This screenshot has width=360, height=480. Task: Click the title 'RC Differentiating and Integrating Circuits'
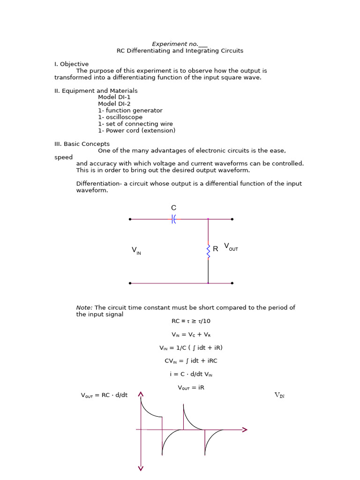(x=180, y=51)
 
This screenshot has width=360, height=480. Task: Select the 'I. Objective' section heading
(x=71, y=64)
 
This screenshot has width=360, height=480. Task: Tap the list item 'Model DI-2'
(x=114, y=104)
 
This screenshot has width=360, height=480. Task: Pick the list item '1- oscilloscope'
(x=120, y=117)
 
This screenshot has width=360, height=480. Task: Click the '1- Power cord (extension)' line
(x=136, y=131)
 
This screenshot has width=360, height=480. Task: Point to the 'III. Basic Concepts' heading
(x=82, y=144)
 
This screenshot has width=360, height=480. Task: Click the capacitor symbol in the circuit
(x=173, y=219)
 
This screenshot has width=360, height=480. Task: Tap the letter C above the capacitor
(x=173, y=208)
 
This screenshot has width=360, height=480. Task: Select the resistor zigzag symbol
(x=208, y=250)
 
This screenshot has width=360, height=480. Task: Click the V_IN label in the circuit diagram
(x=136, y=251)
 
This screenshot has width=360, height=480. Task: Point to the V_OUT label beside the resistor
(x=231, y=247)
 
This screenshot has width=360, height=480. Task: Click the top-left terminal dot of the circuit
(x=130, y=219)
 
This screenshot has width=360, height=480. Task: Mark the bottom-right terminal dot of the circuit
(x=232, y=283)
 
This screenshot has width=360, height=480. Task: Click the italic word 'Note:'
(x=84, y=307)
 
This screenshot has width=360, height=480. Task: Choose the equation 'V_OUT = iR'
(x=191, y=388)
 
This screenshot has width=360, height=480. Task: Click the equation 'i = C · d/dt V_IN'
(x=191, y=375)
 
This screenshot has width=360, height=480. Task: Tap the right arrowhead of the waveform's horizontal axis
(x=245, y=429)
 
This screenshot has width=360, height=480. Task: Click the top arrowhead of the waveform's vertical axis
(x=141, y=395)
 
